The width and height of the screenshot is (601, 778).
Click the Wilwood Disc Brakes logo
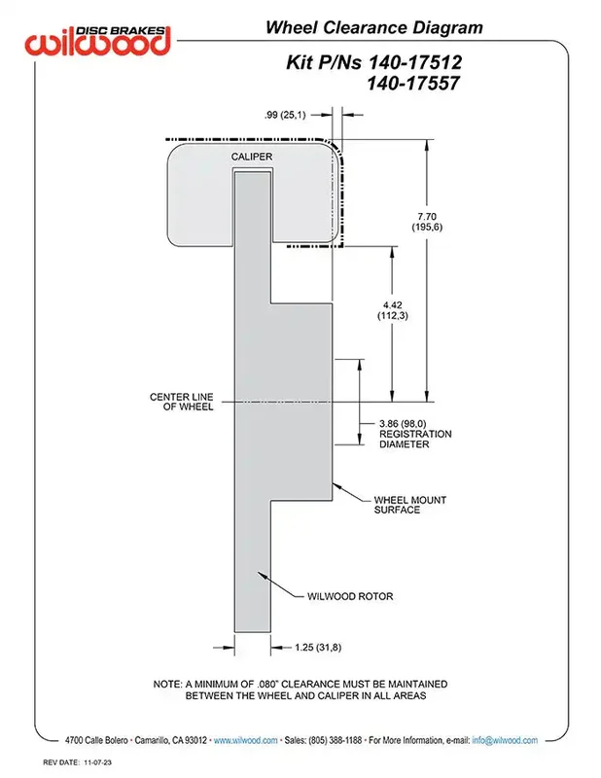98,40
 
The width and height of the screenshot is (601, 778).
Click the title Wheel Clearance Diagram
374,27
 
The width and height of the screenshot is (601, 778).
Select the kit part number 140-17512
415,62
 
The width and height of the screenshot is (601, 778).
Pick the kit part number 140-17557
413,83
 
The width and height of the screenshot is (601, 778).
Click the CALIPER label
252,157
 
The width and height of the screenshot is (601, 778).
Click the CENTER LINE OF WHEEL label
182,402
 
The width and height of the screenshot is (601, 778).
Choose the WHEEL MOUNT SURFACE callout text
410,505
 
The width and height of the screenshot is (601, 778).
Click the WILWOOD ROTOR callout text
350,596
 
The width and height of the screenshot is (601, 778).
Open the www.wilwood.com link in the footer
246,740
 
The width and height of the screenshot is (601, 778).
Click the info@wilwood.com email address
505,740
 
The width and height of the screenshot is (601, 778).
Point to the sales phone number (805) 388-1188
335,740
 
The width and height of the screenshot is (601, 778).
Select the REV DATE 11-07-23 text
77,762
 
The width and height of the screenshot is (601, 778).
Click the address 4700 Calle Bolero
96,740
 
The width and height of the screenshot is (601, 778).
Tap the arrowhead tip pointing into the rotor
258,572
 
